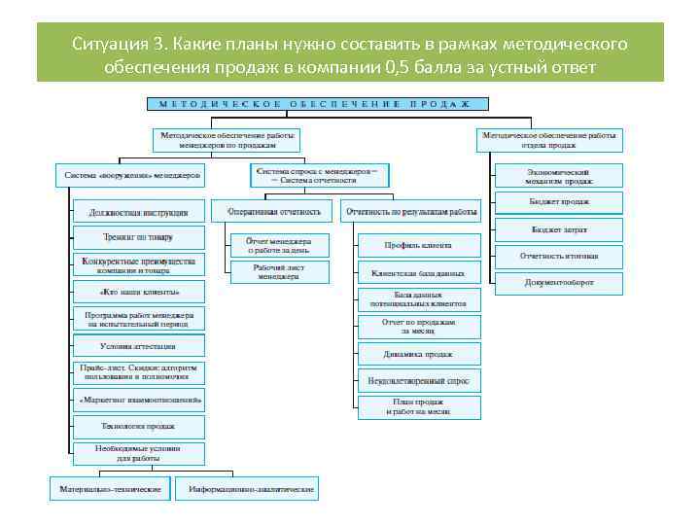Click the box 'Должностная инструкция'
pyautogui.click(x=138, y=211)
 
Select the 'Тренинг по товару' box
pyautogui.click(x=138, y=237)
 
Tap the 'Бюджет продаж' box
pyautogui.click(x=559, y=202)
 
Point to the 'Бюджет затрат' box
pyautogui.click(x=559, y=230)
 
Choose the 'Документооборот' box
pyautogui.click(x=559, y=283)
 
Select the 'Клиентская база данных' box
pyautogui.click(x=419, y=272)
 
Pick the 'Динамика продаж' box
pyautogui.click(x=419, y=354)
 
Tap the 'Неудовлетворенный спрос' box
pyautogui.click(x=419, y=381)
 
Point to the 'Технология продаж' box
pyautogui.click(x=138, y=426)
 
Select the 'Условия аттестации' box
pyautogui.click(x=138, y=346)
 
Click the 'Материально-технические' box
pyautogui.click(x=110, y=489)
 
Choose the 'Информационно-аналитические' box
pyautogui.click(x=251, y=489)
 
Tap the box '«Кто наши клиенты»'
pyautogui.click(x=138, y=291)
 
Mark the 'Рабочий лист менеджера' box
pyautogui.click(x=278, y=271)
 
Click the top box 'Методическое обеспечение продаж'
pyautogui.click(x=317, y=103)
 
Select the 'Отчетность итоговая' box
pyautogui.click(x=559, y=257)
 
